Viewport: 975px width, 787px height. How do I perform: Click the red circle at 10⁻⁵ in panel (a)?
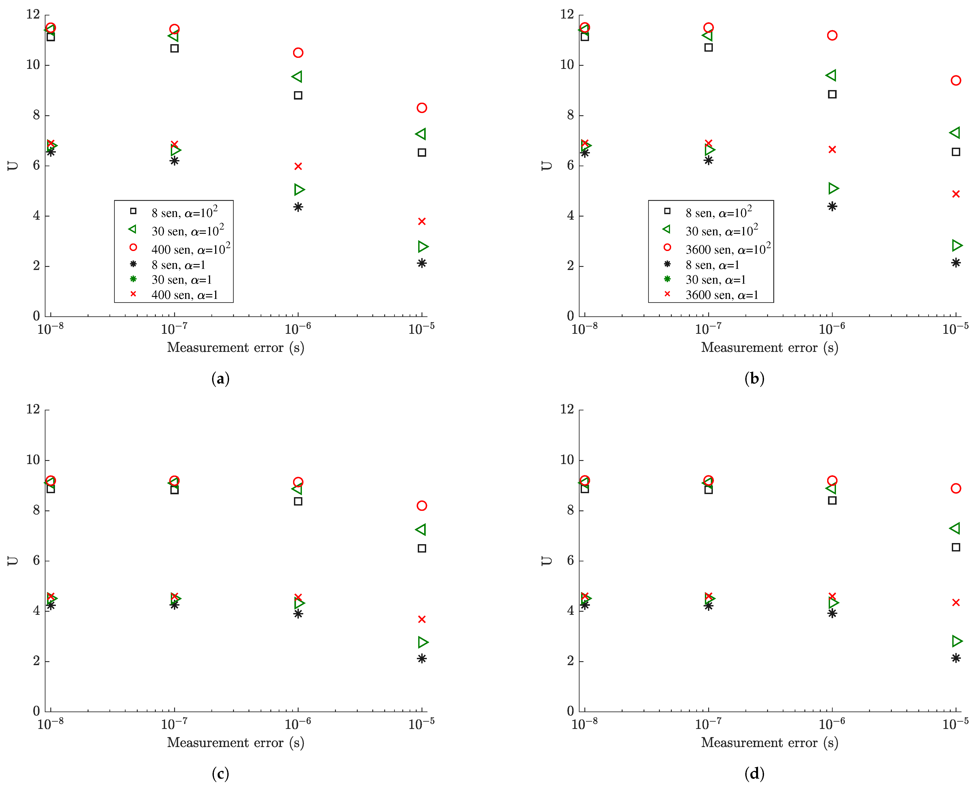422,108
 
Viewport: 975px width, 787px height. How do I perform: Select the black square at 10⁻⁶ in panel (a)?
298,95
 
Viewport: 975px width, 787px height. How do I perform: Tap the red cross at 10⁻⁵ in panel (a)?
422,221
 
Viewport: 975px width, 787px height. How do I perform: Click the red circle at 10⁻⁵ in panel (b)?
956,81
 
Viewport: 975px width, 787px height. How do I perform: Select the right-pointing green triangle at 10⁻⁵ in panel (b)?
956,245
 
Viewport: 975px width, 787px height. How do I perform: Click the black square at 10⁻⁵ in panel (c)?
422,548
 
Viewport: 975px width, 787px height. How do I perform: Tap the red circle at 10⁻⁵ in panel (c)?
422,506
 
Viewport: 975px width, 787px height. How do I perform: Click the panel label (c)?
220,773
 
